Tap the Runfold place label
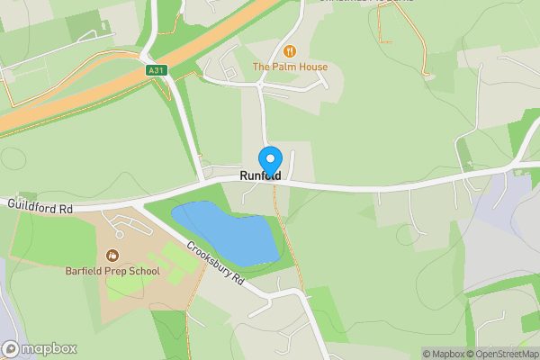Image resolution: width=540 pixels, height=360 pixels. point(260,176)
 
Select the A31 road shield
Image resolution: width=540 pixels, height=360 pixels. point(156,69)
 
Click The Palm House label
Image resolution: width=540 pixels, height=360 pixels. point(290,67)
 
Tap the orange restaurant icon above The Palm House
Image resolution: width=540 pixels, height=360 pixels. point(290,50)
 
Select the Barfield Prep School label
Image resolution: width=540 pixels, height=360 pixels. point(112,271)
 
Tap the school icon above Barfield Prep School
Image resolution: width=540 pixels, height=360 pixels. point(112,256)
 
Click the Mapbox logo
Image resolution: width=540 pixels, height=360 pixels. point(40,348)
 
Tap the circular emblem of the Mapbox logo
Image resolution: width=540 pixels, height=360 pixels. point(11,348)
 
